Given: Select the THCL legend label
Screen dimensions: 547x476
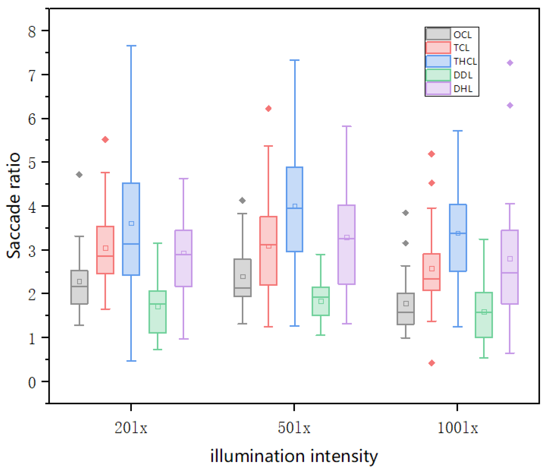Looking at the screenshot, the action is pos(465,61).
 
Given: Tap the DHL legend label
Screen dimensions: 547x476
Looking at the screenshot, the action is pos(463,89).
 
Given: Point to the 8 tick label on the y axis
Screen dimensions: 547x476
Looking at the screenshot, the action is pos(32,32).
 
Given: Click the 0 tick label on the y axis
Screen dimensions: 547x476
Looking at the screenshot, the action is pos(32,383).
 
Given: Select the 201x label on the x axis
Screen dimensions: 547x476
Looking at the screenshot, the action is pos(131,428).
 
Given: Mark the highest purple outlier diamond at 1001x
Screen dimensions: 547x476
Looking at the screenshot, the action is pos(510,63).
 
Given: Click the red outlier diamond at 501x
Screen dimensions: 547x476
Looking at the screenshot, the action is pos(268,109).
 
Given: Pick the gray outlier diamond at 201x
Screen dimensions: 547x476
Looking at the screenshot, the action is pos(79,175).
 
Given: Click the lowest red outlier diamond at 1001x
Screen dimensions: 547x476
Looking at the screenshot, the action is pos(432,363).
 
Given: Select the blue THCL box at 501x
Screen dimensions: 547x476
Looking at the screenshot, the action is pos(294,209).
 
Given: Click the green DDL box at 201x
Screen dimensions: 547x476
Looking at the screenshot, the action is pos(158,312).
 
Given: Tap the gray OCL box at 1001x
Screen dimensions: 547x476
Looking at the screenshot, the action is pos(406,309).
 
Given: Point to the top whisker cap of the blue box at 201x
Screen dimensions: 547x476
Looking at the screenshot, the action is pos(131,46).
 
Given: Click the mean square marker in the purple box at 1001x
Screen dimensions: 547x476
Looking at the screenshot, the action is pos(510,259).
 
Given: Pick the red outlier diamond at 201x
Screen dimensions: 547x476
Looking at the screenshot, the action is pos(105,140).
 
